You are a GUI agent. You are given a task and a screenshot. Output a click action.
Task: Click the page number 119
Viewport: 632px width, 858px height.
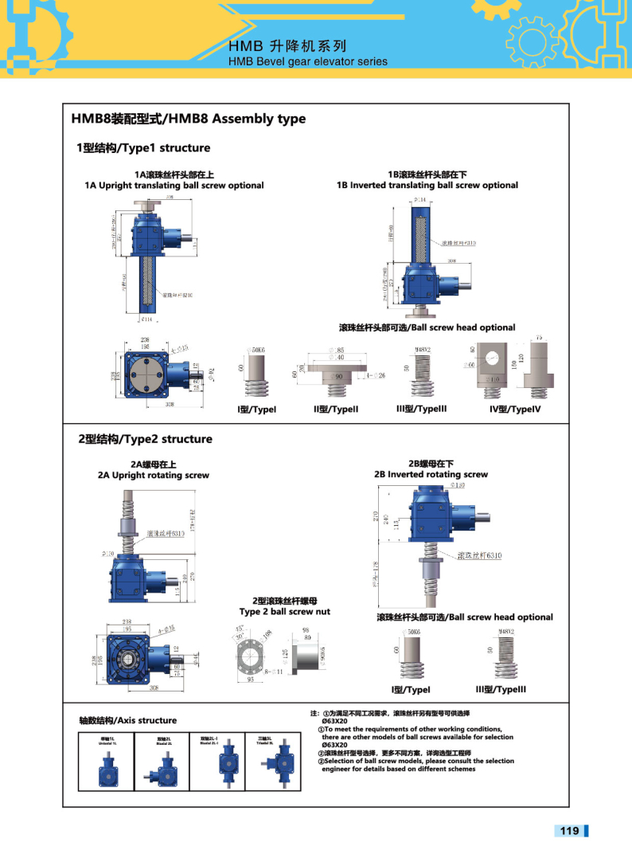pyautogui.click(x=569, y=831)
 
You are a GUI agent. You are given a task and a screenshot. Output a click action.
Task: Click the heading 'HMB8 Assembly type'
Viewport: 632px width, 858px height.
pyautogui.click(x=189, y=119)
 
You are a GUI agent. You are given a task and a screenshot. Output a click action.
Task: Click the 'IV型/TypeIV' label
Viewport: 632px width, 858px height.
pyautogui.click(x=514, y=409)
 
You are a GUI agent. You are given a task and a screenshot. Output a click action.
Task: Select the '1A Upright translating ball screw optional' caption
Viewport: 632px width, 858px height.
pyautogui.click(x=174, y=185)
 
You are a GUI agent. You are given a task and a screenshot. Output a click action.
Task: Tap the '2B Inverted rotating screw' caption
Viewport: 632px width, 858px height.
pyautogui.click(x=431, y=474)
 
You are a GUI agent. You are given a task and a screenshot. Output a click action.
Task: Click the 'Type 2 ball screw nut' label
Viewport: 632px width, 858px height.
pyautogui.click(x=284, y=611)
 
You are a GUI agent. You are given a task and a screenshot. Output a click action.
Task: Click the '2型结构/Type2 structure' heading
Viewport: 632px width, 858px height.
pyautogui.click(x=145, y=439)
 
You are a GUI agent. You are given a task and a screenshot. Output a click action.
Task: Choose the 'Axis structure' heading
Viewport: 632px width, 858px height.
pyautogui.click(x=127, y=720)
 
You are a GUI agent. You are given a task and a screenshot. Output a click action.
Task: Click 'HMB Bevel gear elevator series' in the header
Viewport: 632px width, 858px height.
pyautogui.click(x=307, y=61)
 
